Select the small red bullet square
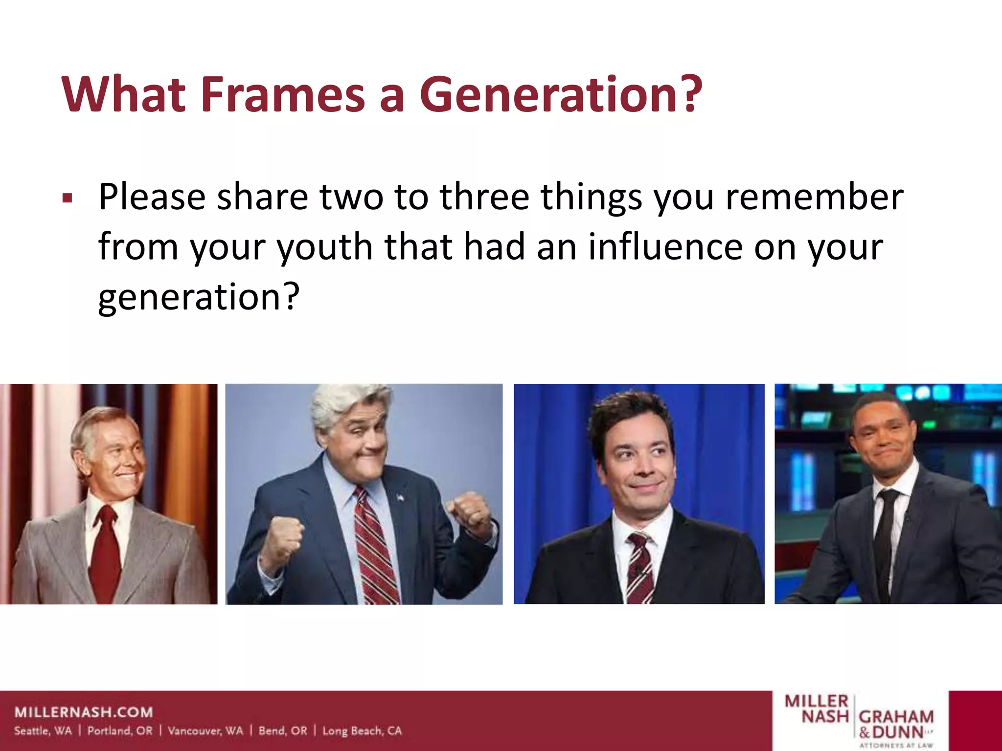[x=68, y=199]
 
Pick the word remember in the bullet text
[x=814, y=197]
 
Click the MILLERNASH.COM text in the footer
[x=84, y=712]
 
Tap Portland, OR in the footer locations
[x=120, y=731]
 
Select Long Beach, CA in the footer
[x=362, y=731]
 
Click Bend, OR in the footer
[x=283, y=731]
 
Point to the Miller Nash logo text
[x=817, y=708]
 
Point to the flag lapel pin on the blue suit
[x=400, y=498]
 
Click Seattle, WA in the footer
[x=43, y=731]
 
